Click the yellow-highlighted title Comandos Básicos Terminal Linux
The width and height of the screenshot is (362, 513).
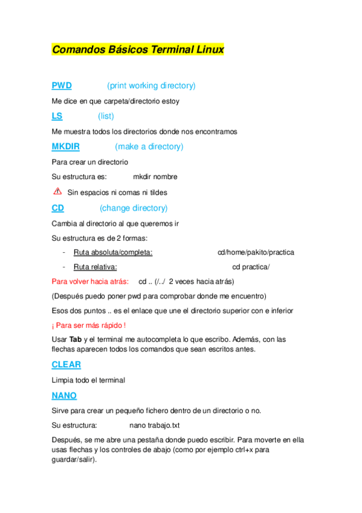[138, 49]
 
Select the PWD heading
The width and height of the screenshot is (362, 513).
[62, 85]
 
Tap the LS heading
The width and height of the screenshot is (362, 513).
[57, 116]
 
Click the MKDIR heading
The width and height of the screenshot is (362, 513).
[66, 146]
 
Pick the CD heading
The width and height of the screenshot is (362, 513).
[58, 207]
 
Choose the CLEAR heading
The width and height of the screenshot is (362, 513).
[66, 365]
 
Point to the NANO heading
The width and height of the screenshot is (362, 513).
[65, 395]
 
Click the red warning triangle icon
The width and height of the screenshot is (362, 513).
[57, 192]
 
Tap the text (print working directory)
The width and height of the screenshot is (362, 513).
[151, 85]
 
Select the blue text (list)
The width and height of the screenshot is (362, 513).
[106, 116]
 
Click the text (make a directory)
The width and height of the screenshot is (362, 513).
[149, 146]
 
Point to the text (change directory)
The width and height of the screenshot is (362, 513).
[134, 207]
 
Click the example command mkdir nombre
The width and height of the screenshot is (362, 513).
[155, 177]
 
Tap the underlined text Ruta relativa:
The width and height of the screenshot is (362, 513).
[95, 267]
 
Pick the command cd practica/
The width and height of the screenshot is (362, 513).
[251, 267]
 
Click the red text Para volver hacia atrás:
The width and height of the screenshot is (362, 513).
[90, 281]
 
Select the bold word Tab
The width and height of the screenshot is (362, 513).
[76, 339]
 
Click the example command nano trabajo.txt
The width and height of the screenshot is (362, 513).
[155, 425]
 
